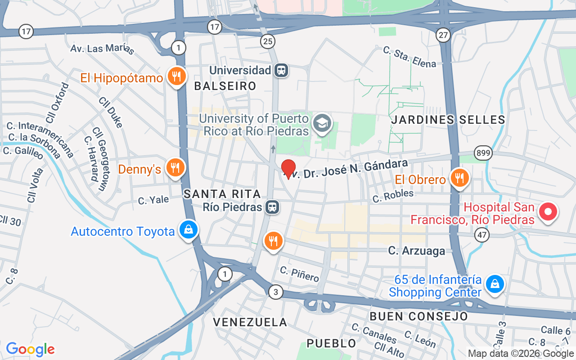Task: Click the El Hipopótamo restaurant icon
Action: [x=176, y=77]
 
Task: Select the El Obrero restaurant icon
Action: [x=459, y=178]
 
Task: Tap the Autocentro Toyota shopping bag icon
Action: [x=189, y=230]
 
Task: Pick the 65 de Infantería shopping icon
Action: [x=495, y=284]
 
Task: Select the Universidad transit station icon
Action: [x=282, y=70]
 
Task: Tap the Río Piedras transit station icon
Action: [x=272, y=207]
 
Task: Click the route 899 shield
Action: [x=483, y=153]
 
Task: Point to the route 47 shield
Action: [x=482, y=234]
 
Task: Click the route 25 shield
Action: [x=267, y=42]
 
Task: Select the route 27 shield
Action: [x=443, y=35]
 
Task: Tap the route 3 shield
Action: [x=276, y=292]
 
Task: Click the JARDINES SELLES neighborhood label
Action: [x=448, y=120]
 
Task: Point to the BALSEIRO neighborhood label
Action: [x=225, y=86]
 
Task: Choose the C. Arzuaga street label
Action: [x=416, y=251]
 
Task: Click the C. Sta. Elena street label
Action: [x=409, y=57]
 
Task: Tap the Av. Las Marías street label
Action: [x=102, y=49]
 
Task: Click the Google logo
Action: [x=30, y=349]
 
